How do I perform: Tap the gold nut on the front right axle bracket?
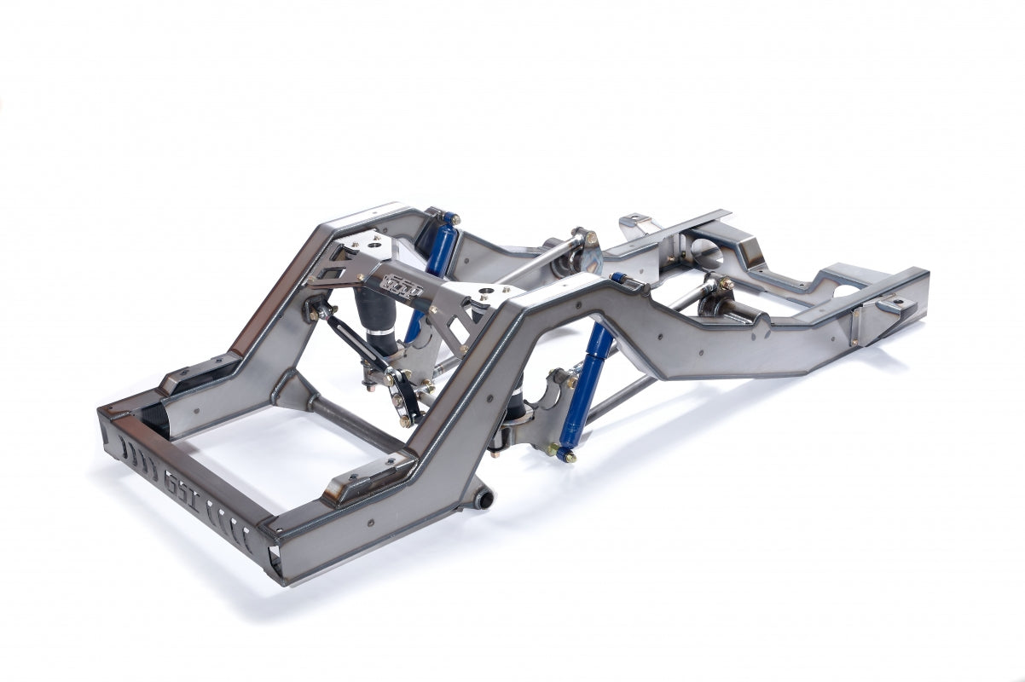[726, 284]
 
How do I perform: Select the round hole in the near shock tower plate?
[489, 295]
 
